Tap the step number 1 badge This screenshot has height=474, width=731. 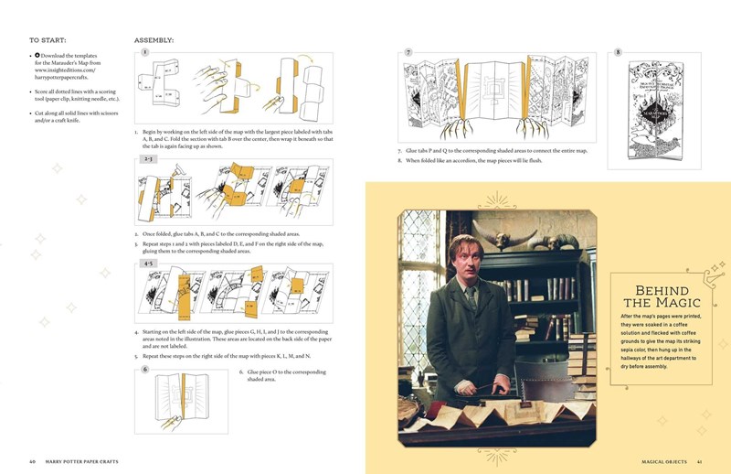144,53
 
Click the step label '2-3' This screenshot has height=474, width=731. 147,158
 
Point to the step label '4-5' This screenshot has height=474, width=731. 147,264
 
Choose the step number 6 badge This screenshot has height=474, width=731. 144,370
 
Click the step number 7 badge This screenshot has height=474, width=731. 408,52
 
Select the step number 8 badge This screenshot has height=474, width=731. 618,52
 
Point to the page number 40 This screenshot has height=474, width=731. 32,460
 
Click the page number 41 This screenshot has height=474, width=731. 699,460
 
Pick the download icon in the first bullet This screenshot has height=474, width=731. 37,55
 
